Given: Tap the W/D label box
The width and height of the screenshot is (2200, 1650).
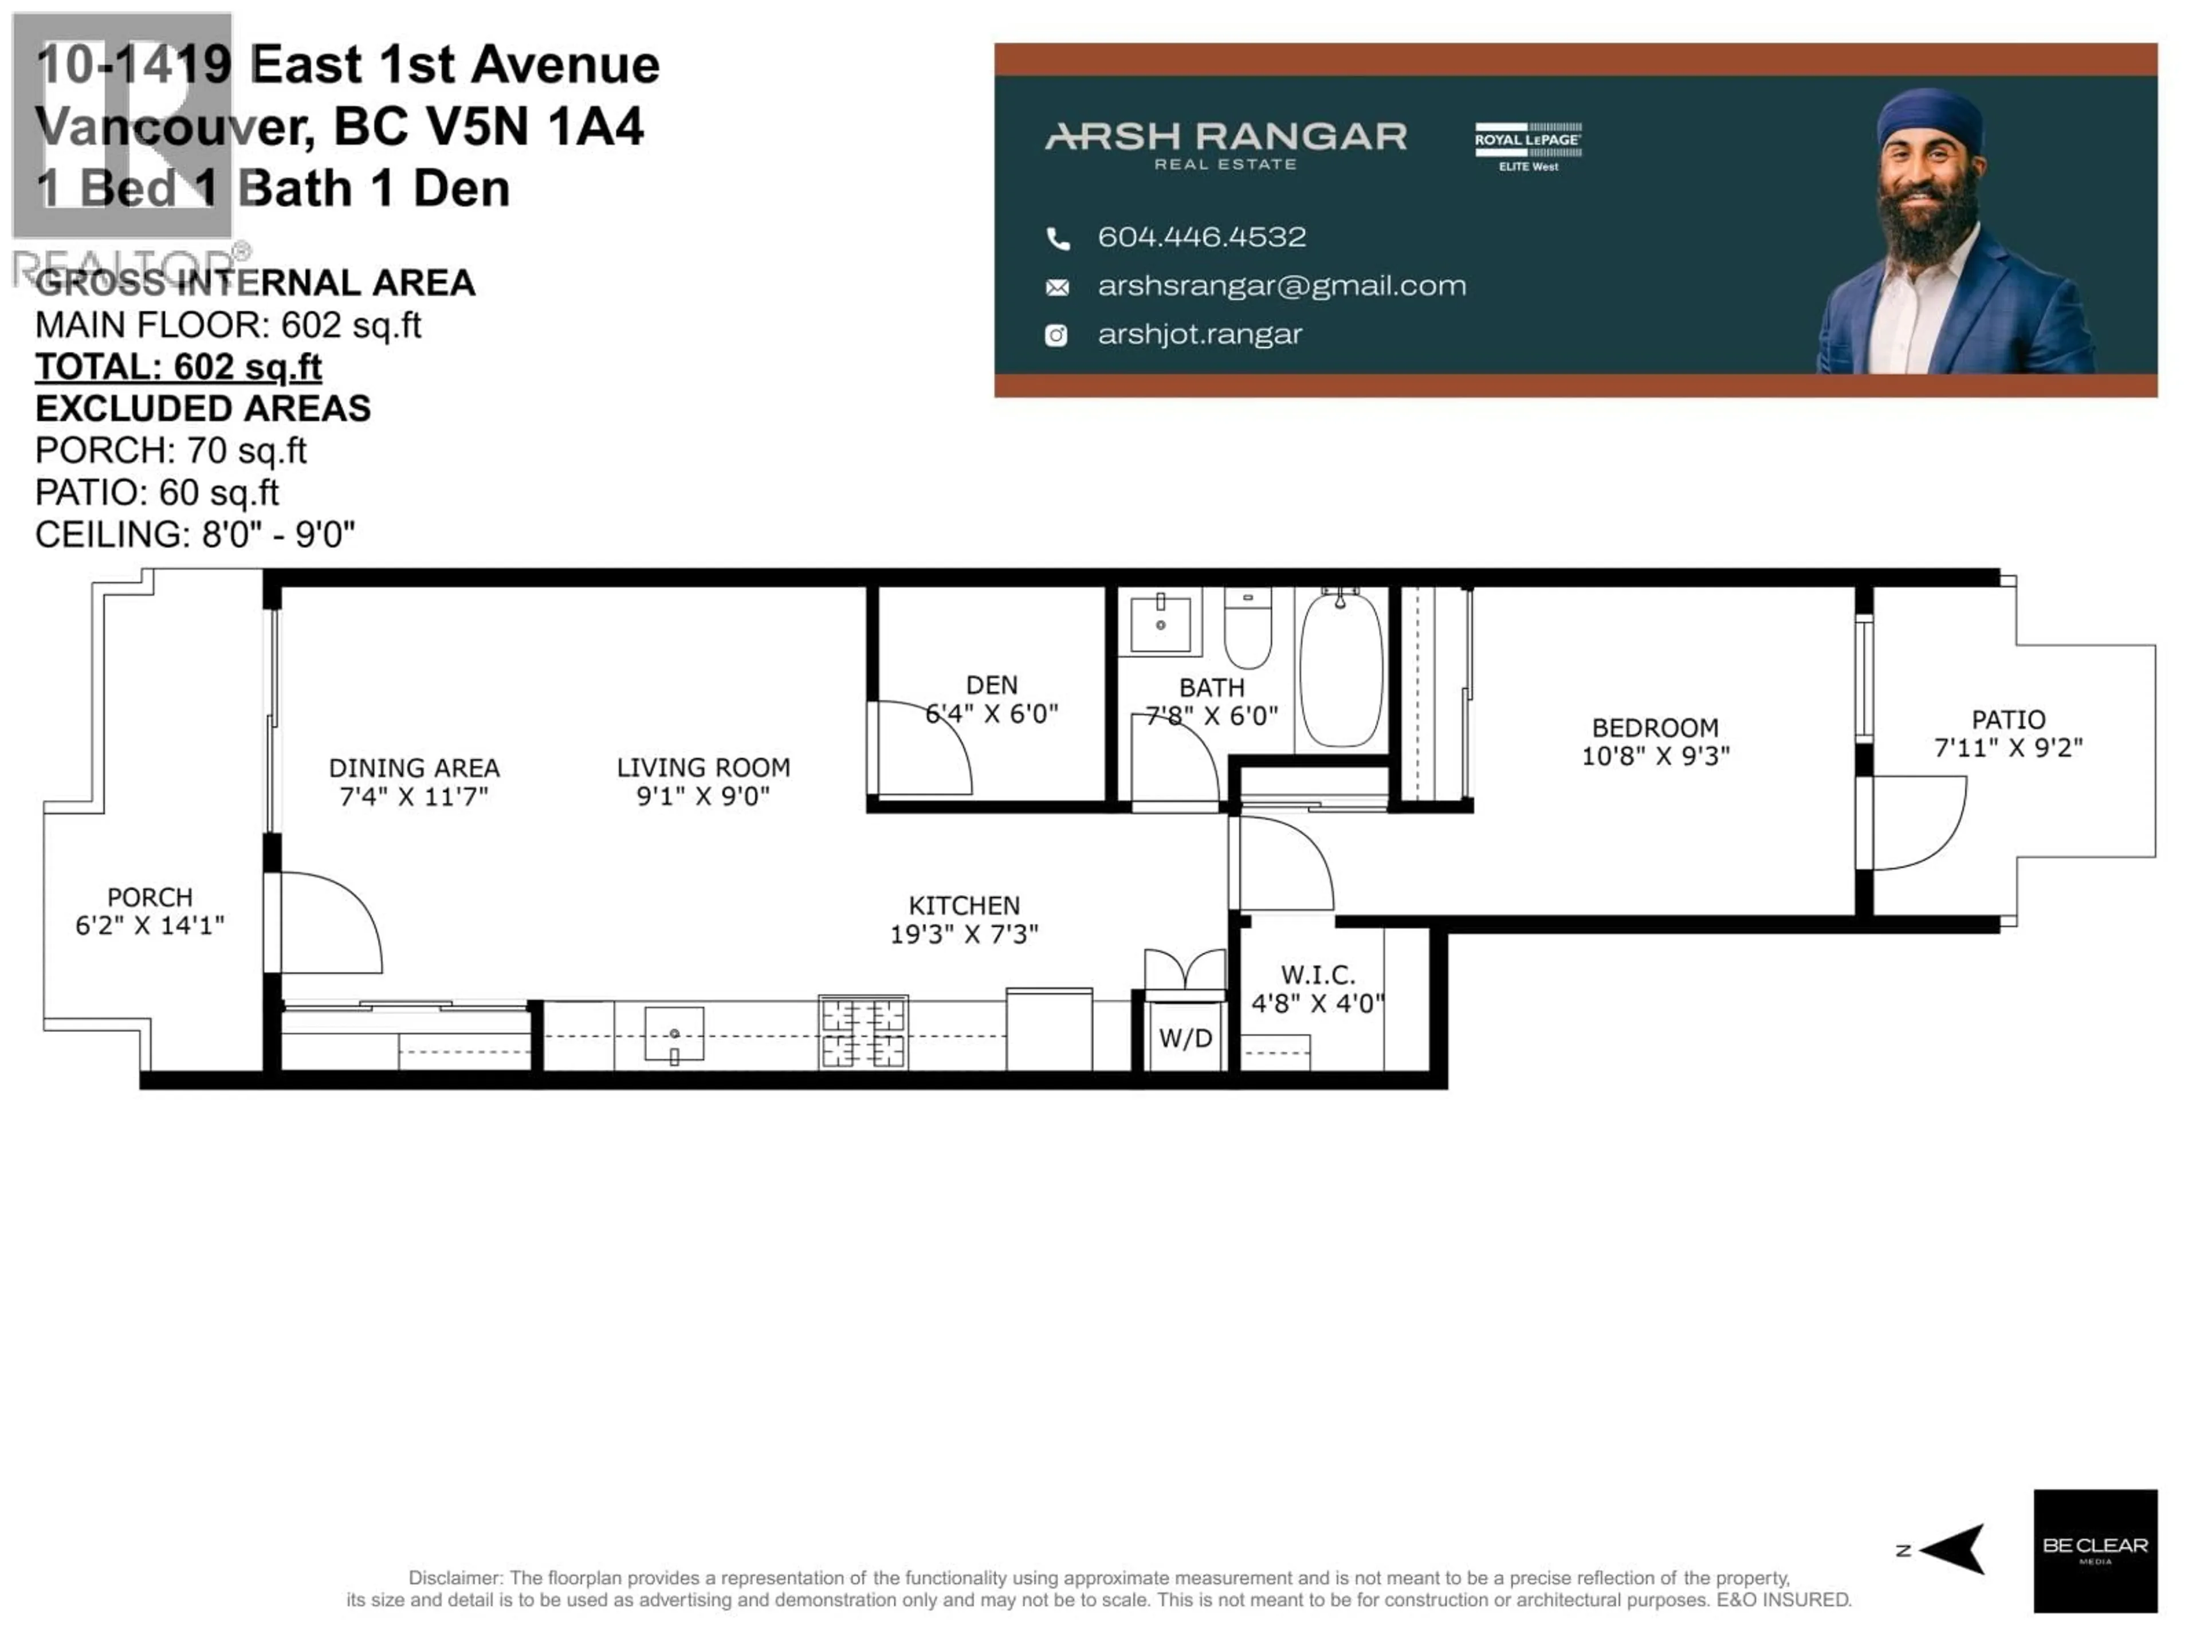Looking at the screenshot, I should [x=1185, y=1038].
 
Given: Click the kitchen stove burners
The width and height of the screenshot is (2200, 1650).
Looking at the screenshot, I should [x=862, y=1032].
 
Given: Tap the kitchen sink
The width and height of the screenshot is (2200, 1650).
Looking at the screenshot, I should [x=674, y=1034].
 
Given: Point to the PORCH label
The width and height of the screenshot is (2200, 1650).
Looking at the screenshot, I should [x=150, y=897].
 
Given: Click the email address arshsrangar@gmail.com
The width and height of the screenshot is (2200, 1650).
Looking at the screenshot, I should [x=1281, y=286].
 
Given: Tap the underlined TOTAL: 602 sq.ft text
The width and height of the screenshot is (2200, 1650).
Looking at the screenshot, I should [x=178, y=367].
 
